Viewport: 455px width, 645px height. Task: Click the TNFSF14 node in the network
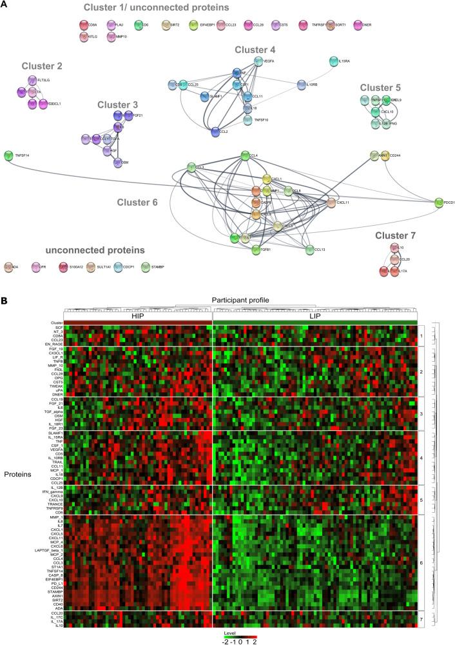8,155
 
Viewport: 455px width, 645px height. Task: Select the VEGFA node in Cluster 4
258,61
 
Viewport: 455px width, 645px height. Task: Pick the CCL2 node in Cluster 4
216,132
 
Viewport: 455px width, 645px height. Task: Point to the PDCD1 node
438,203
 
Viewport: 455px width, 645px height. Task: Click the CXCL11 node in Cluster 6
330,202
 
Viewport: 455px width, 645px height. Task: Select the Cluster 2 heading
42,66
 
